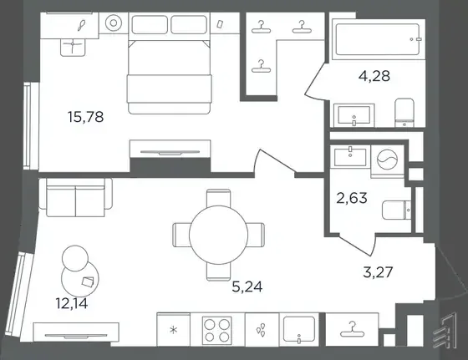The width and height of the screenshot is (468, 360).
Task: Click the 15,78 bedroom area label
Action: point(85,117)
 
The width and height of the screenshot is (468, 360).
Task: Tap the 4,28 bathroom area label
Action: point(374,76)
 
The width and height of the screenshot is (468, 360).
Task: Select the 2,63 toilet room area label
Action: point(352,198)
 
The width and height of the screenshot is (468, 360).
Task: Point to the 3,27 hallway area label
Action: point(378,272)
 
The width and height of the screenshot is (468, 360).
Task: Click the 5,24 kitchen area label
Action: point(247,287)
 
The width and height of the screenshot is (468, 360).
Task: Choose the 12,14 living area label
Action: point(72,303)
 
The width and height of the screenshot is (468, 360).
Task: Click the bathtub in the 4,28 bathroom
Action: point(378,39)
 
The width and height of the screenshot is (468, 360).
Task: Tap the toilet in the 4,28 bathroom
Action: point(404,113)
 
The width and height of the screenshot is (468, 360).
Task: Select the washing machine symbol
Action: point(387,160)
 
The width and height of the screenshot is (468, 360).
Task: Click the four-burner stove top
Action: point(217,329)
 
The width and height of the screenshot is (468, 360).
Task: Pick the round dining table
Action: point(218,235)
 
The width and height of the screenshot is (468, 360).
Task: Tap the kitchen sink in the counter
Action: point(299,329)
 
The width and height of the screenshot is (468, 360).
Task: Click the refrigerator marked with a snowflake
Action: point(174,330)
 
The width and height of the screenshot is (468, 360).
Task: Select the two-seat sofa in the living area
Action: point(75,197)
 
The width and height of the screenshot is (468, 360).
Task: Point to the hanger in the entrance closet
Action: point(352,329)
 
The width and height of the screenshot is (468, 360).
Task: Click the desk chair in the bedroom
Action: point(73,47)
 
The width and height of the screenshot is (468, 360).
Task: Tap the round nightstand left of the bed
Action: point(114,23)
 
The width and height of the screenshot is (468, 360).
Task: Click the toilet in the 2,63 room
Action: point(397,210)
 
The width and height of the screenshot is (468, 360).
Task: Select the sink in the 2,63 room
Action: point(350,156)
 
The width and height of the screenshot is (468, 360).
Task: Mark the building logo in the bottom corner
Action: point(445,331)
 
